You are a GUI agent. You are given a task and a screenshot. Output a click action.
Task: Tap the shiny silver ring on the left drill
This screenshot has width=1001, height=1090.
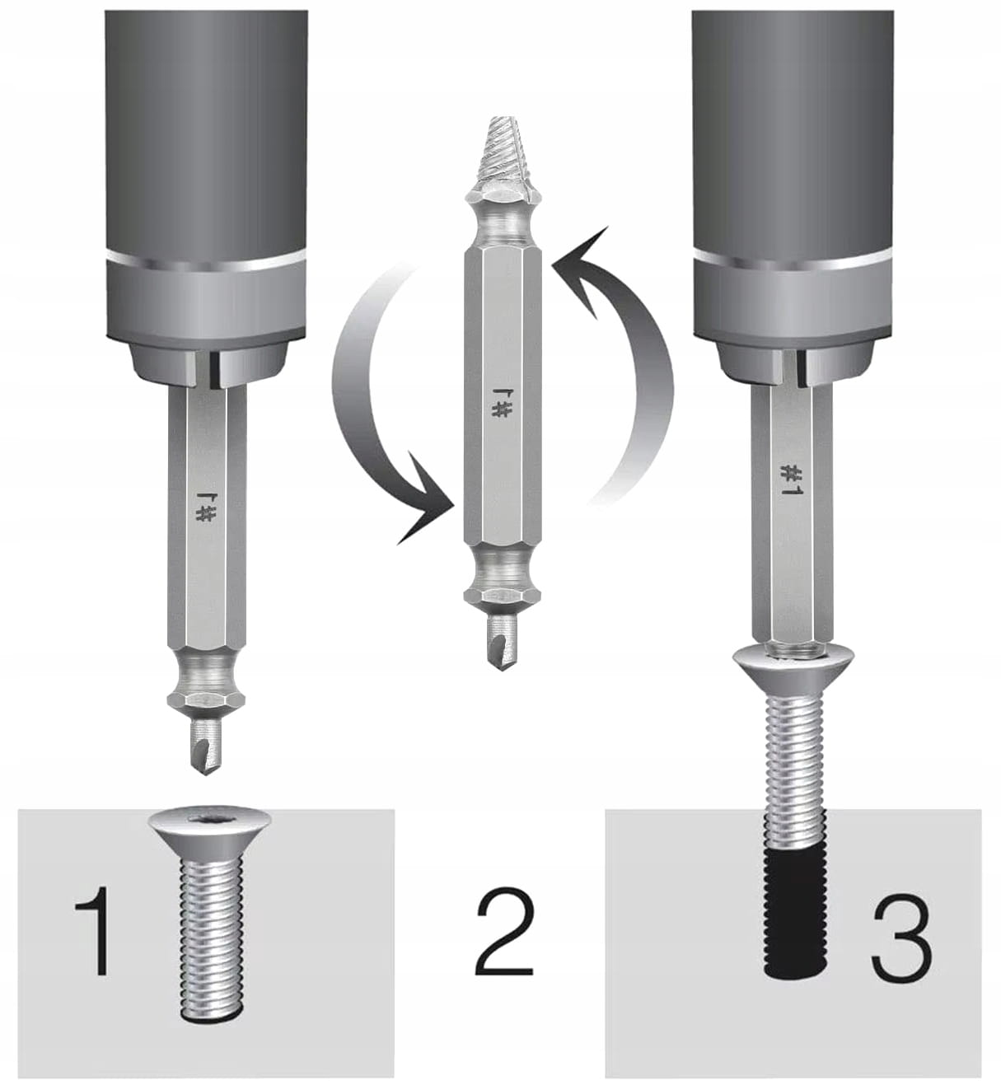tap(207, 261)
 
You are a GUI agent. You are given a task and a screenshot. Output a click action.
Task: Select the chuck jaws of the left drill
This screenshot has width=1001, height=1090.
tap(208, 363)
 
